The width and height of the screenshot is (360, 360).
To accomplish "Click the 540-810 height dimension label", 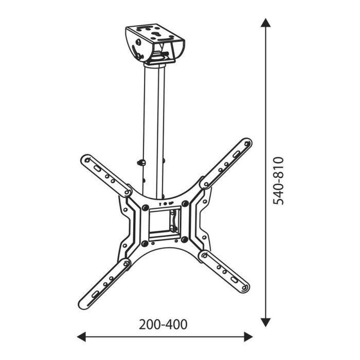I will tap(278, 181).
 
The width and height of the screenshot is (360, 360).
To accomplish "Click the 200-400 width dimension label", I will tap(163, 325).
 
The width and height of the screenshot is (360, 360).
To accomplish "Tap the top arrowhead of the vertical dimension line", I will tap(265, 24).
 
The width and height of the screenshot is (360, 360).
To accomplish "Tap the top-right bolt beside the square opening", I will tap(184, 207).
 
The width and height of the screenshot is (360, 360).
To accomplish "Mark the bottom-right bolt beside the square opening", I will tap(184, 240).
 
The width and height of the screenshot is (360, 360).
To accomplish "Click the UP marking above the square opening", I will tap(165, 204).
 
